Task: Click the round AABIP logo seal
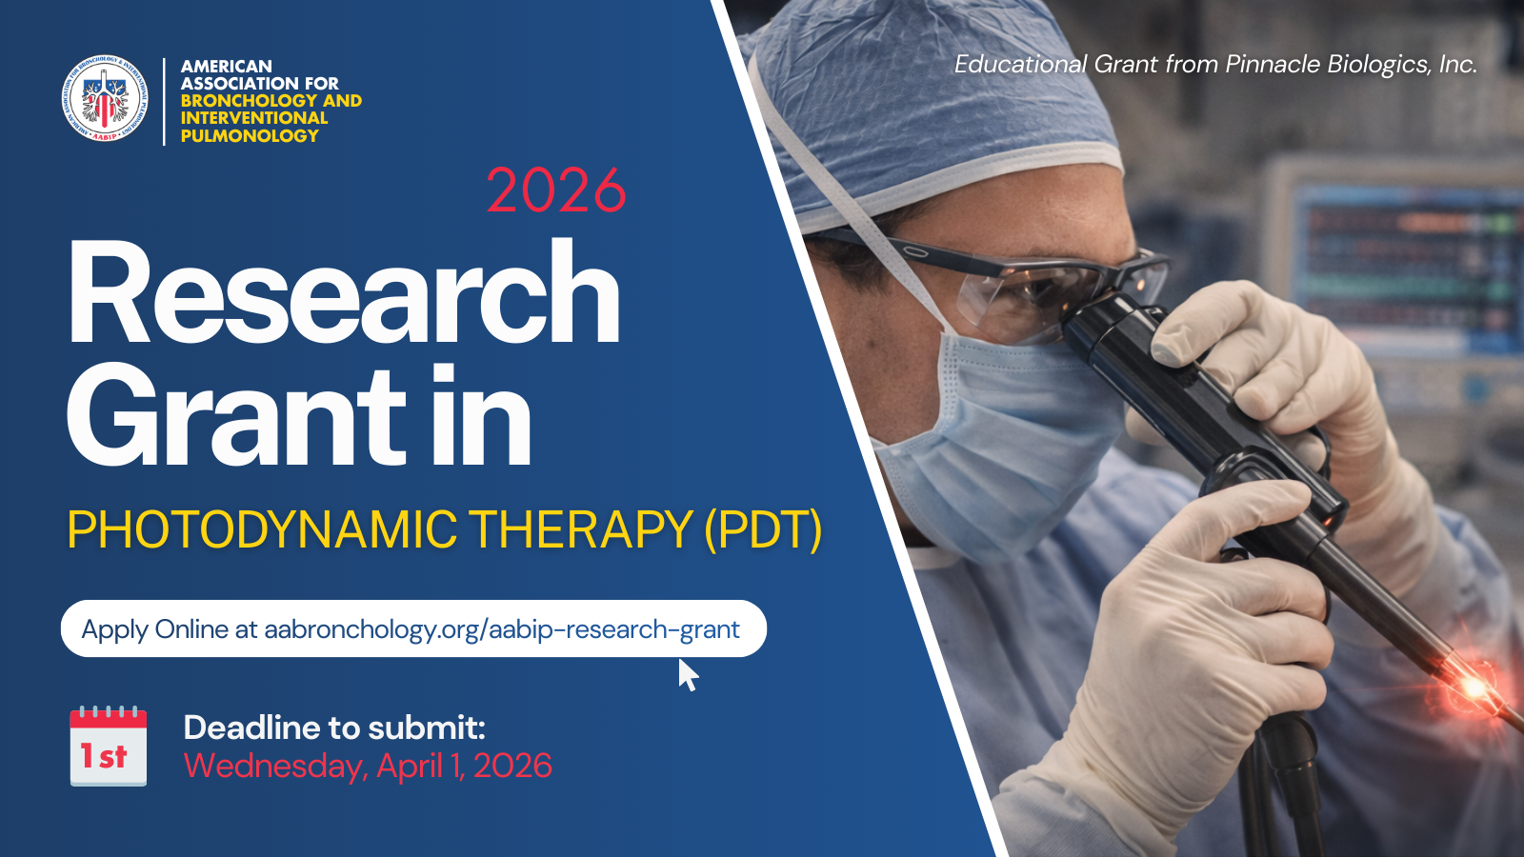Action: (105, 99)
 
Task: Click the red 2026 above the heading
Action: (556, 191)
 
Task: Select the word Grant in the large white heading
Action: (236, 417)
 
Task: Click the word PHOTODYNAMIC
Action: (263, 529)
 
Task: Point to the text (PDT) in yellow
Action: (763, 529)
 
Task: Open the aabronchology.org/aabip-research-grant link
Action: (501, 629)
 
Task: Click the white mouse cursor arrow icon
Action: (688, 675)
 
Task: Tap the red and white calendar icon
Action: (109, 747)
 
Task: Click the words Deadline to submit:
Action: (334, 727)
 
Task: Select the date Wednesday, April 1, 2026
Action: (368, 766)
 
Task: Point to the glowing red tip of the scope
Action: (1473, 688)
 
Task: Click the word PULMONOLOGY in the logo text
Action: (250, 135)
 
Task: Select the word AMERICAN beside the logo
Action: (227, 66)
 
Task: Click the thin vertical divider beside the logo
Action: (164, 101)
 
